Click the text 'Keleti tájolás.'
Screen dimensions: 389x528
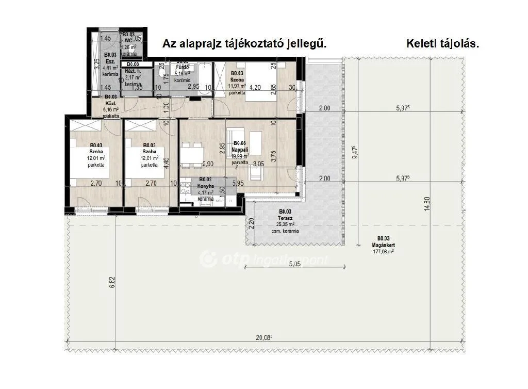point(443,44)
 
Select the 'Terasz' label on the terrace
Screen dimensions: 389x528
point(285,218)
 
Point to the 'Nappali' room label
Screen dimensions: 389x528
point(241,149)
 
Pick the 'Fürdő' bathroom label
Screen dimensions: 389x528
point(183,68)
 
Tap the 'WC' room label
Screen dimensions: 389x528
point(128,40)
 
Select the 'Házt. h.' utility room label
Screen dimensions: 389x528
point(132,71)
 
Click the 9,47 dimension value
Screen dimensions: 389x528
point(354,152)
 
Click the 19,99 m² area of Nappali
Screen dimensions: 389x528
point(240,155)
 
